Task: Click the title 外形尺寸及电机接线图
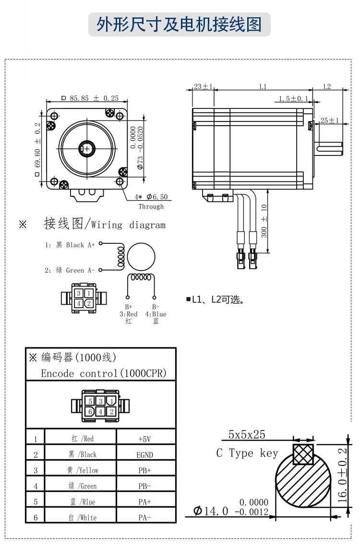point(180,24)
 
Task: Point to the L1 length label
point(263,87)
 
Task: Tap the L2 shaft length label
point(327,87)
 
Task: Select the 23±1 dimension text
point(203,87)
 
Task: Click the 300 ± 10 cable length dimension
point(264,220)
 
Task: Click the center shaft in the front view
point(87,149)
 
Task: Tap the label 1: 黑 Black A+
point(70,245)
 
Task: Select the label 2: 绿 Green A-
point(70,270)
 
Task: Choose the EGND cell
point(145,454)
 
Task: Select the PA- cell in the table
point(145,517)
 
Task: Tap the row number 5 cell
point(36,502)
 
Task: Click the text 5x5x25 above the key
point(247,435)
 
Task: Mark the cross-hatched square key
point(303,454)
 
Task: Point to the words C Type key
point(247,453)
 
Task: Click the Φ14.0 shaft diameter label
point(211,511)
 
